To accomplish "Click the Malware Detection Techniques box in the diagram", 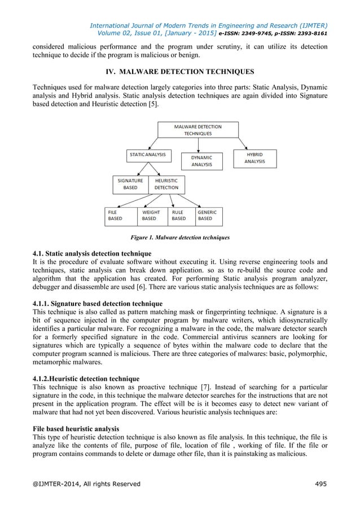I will click(197, 130).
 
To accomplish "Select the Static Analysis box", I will click(148, 154).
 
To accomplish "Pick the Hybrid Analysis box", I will click(254, 157).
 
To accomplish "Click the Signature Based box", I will click(130, 184).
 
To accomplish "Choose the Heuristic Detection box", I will click(166, 184).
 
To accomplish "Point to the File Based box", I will click(121, 215).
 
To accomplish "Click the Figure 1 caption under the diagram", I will click(180, 238).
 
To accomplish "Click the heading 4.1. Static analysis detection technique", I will click(91, 251).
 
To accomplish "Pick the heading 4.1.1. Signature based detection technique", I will click(98, 304).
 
